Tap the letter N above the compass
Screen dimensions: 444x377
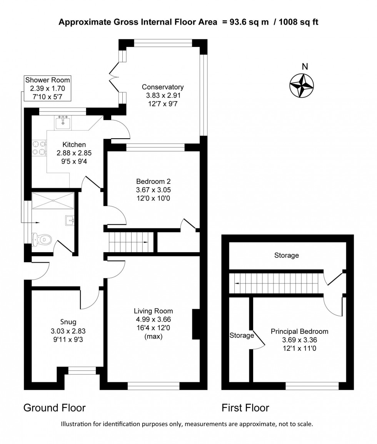[x=305, y=66]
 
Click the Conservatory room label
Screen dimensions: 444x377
[x=163, y=87]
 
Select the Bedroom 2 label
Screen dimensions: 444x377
[x=153, y=181]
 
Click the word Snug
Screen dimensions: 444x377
[x=68, y=322]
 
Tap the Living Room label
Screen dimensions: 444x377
[x=153, y=311]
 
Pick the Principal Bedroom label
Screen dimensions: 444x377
[x=299, y=332]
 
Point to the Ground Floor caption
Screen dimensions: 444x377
[x=55, y=408]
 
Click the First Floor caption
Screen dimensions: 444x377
[x=245, y=408]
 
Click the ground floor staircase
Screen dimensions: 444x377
[x=128, y=241]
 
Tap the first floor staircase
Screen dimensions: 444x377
[x=275, y=283]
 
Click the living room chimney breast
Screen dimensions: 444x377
[x=196, y=324]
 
